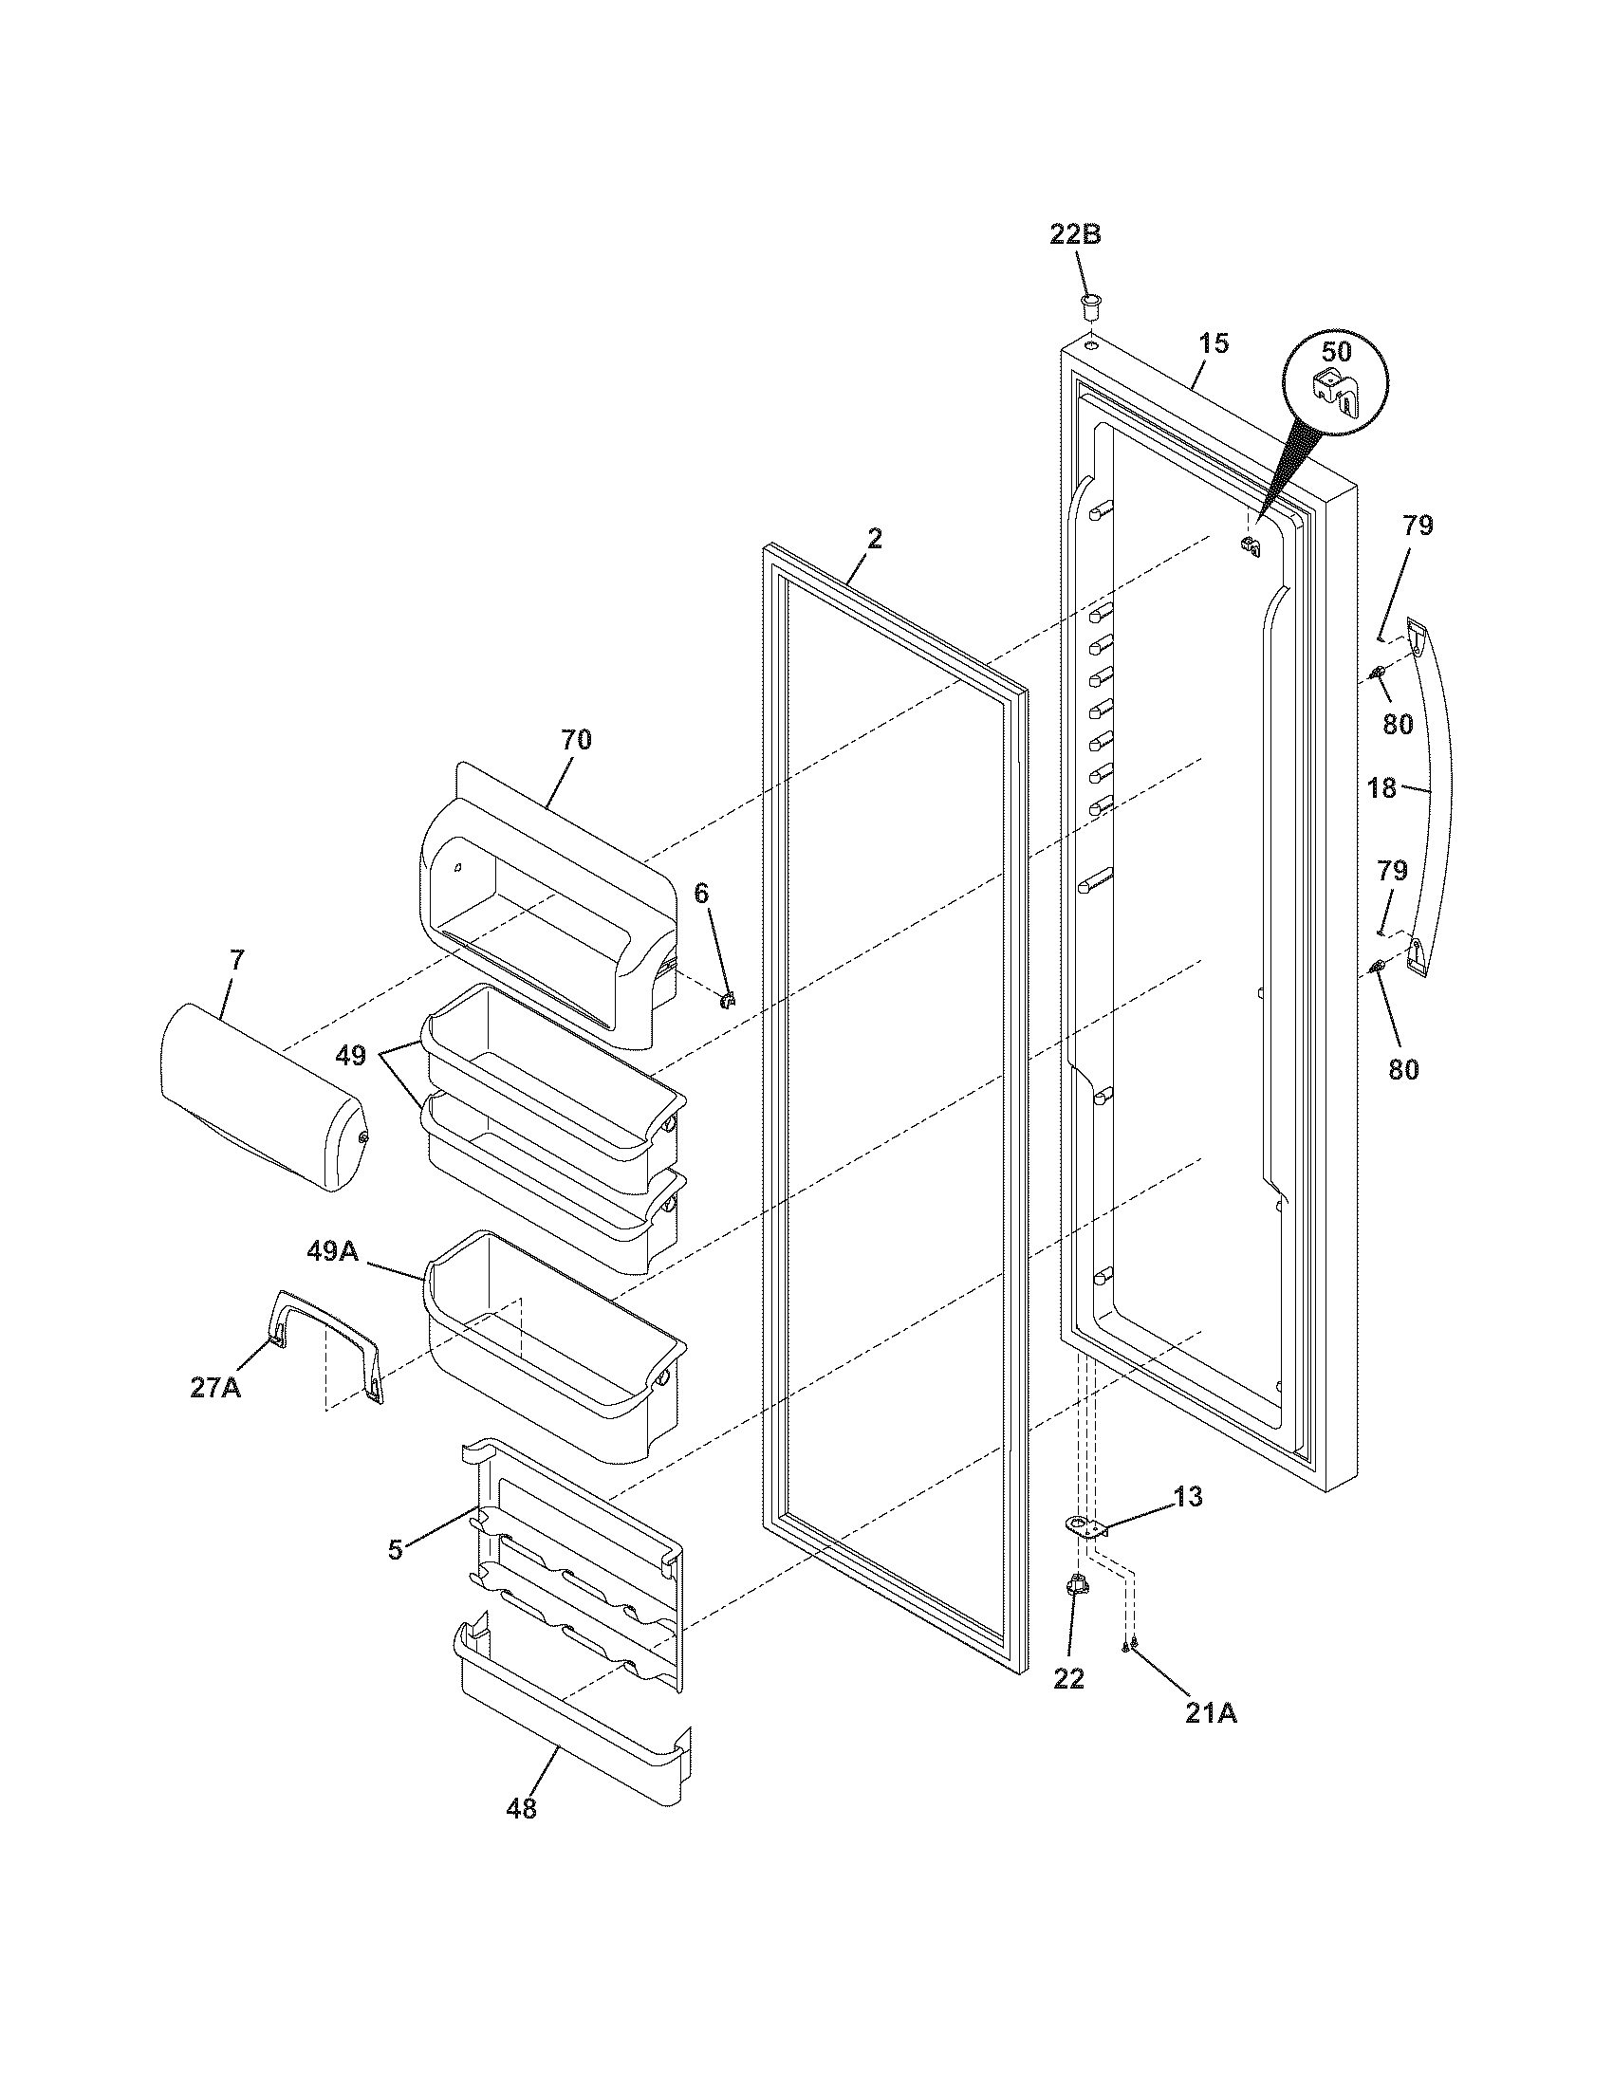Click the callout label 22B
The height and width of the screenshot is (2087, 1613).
1075,234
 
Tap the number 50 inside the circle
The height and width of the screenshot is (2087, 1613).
1336,351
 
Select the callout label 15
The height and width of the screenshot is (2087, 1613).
1214,343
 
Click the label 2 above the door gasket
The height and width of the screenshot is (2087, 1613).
875,538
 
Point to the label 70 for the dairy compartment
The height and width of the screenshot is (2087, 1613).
575,739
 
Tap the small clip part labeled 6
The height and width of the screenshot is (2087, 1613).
729,999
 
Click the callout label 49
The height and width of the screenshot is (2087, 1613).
350,1056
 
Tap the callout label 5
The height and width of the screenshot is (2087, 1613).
396,1549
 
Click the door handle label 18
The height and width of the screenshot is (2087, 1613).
1381,788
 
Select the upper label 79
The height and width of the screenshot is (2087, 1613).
1418,525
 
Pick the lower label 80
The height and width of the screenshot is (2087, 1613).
1402,1068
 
